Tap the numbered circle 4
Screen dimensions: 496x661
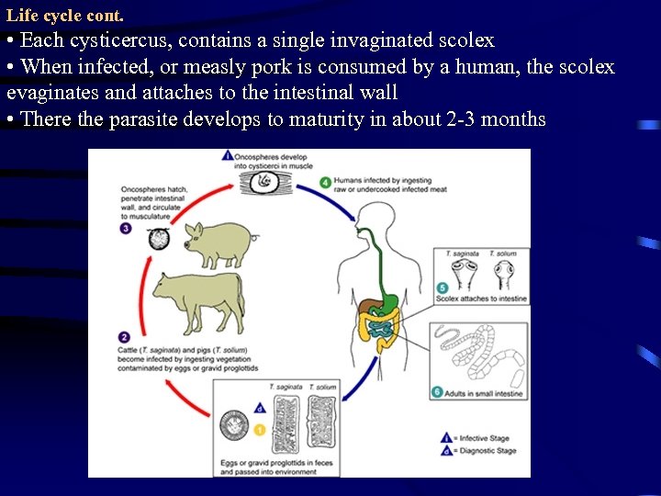click(x=326, y=183)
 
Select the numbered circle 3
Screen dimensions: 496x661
click(x=126, y=229)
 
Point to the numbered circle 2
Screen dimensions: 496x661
click(x=124, y=337)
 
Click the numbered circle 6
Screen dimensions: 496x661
click(x=438, y=392)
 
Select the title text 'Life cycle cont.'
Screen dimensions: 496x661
click(x=64, y=16)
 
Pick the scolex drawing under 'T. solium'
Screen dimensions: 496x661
click(x=502, y=275)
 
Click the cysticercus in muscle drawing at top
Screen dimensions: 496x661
click(x=265, y=182)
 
